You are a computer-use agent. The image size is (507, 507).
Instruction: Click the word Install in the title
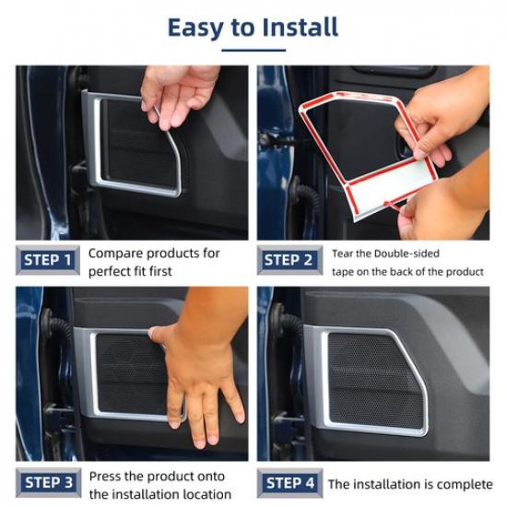[x=301, y=27]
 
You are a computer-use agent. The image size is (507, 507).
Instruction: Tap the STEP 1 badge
[x=48, y=260]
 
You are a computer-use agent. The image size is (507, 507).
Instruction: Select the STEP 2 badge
[x=289, y=260]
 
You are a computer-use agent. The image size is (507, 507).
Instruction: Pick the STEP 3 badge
[x=49, y=483]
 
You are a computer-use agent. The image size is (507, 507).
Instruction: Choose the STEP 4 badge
[x=290, y=483]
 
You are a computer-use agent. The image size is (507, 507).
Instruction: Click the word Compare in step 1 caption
[x=116, y=253]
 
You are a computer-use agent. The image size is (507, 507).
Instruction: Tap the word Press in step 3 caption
[x=105, y=477]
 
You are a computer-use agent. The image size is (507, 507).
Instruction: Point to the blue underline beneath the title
[x=253, y=50]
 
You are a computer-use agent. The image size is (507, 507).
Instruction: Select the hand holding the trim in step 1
[x=177, y=94]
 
